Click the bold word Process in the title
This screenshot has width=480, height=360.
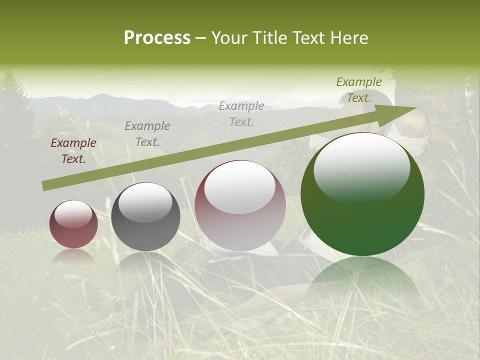157,38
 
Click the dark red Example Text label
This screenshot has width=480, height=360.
73,151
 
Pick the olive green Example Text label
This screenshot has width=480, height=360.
358,90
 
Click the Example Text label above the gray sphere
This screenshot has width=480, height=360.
147,134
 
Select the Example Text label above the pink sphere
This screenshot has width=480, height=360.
241,114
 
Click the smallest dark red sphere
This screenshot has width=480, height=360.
73,224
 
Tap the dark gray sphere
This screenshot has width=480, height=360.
145,216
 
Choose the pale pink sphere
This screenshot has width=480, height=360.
240,205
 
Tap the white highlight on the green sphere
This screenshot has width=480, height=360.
361,167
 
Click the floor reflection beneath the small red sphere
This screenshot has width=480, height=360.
73,255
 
